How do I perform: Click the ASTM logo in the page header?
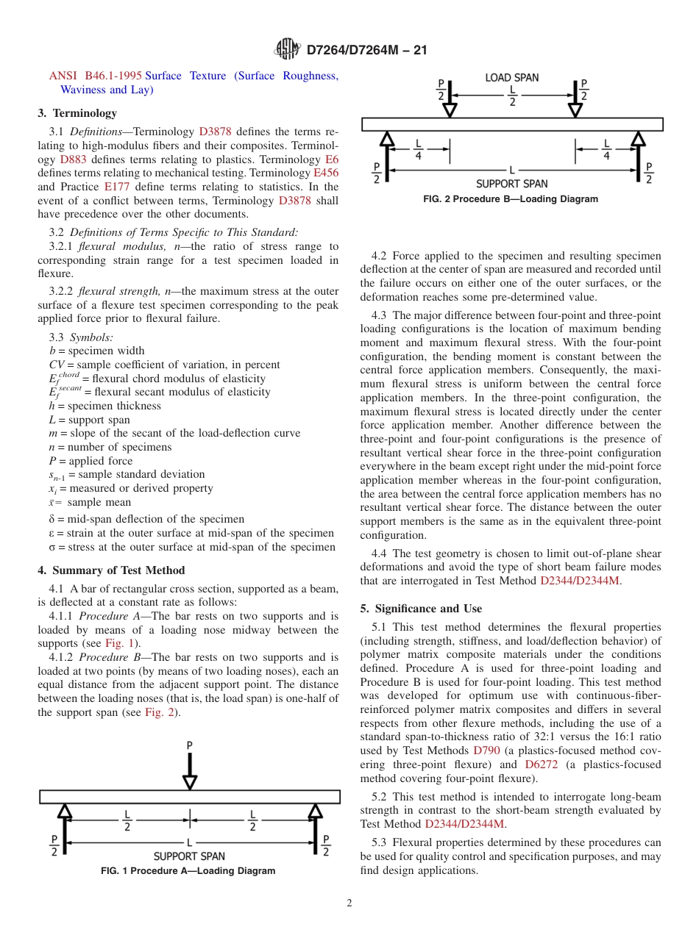pos(288,49)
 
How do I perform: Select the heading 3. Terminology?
pos(77,113)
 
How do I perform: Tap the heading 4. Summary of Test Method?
pos(111,570)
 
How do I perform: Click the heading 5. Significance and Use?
pos(421,609)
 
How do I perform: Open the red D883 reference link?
pos(73,160)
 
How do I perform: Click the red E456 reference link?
pos(326,173)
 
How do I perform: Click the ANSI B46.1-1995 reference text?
pos(95,76)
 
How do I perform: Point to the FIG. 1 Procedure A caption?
pos(188,871)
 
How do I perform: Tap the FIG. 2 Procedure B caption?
pos(511,199)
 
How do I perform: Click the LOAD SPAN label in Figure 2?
pos(511,77)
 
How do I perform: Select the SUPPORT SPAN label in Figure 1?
pos(189,856)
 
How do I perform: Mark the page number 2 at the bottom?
pos(349,903)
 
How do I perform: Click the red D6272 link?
pos(541,764)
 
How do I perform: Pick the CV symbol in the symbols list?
pos(57,365)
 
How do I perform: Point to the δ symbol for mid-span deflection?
pos(52,519)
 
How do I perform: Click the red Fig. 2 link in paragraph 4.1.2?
pos(158,712)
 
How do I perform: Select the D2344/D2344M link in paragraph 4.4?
pos(580,581)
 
